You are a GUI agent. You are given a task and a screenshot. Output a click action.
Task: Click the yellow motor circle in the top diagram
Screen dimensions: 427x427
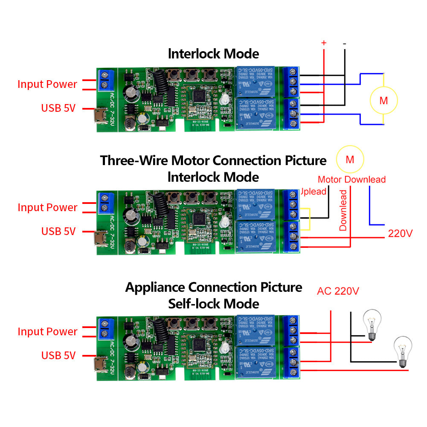coord(383,100)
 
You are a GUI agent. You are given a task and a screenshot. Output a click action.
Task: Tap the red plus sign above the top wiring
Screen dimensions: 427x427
coord(324,43)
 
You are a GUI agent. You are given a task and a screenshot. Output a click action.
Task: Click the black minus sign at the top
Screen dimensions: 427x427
coord(344,43)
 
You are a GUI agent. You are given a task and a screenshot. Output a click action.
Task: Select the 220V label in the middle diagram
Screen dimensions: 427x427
coord(400,233)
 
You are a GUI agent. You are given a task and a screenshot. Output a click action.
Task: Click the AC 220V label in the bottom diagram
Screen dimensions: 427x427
coord(338,291)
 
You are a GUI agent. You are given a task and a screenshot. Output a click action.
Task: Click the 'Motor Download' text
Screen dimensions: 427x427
coord(351,180)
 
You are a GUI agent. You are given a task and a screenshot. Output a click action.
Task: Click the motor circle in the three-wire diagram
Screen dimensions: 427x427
coord(350,160)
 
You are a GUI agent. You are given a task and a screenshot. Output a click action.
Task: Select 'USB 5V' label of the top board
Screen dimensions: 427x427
coord(58,108)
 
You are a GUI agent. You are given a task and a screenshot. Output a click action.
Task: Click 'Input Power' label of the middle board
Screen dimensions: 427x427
coord(47,208)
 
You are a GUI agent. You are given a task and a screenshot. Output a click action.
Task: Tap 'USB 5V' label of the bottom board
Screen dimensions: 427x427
coord(58,355)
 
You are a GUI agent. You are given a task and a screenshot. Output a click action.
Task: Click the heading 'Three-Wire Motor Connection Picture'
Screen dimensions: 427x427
coord(213,161)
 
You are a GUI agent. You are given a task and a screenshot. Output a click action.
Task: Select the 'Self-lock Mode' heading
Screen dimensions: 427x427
coord(213,304)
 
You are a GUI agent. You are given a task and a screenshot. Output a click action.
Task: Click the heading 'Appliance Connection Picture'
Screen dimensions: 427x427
coord(213,287)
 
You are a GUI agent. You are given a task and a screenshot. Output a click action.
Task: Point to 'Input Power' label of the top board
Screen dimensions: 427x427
coord(47,84)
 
